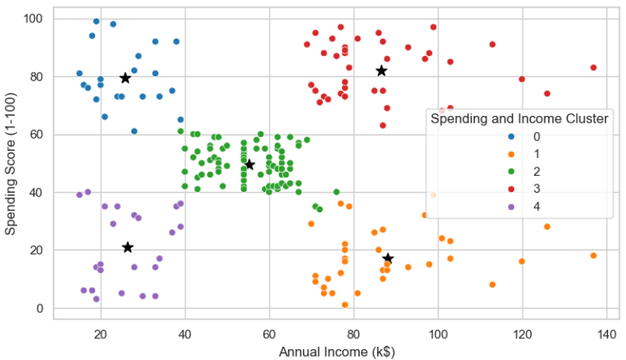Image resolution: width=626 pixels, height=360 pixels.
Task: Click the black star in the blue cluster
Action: pyautogui.click(x=125, y=78)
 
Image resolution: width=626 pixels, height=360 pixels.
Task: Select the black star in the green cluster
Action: pyautogui.click(x=250, y=165)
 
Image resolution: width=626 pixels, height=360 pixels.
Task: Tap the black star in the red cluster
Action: pyautogui.click(x=381, y=71)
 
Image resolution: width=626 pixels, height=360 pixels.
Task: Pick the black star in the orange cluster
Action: pyautogui.click(x=388, y=258)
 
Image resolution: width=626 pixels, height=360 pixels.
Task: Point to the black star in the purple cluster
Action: pyautogui.click(x=128, y=247)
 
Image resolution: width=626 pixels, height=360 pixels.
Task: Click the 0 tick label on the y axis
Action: pyautogui.click(x=40, y=309)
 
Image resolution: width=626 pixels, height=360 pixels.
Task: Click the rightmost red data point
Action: pyautogui.click(x=593, y=68)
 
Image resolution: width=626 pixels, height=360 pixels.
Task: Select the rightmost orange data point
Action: pyautogui.click(x=593, y=256)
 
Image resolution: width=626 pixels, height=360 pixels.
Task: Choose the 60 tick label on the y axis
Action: pyautogui.click(x=36, y=135)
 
